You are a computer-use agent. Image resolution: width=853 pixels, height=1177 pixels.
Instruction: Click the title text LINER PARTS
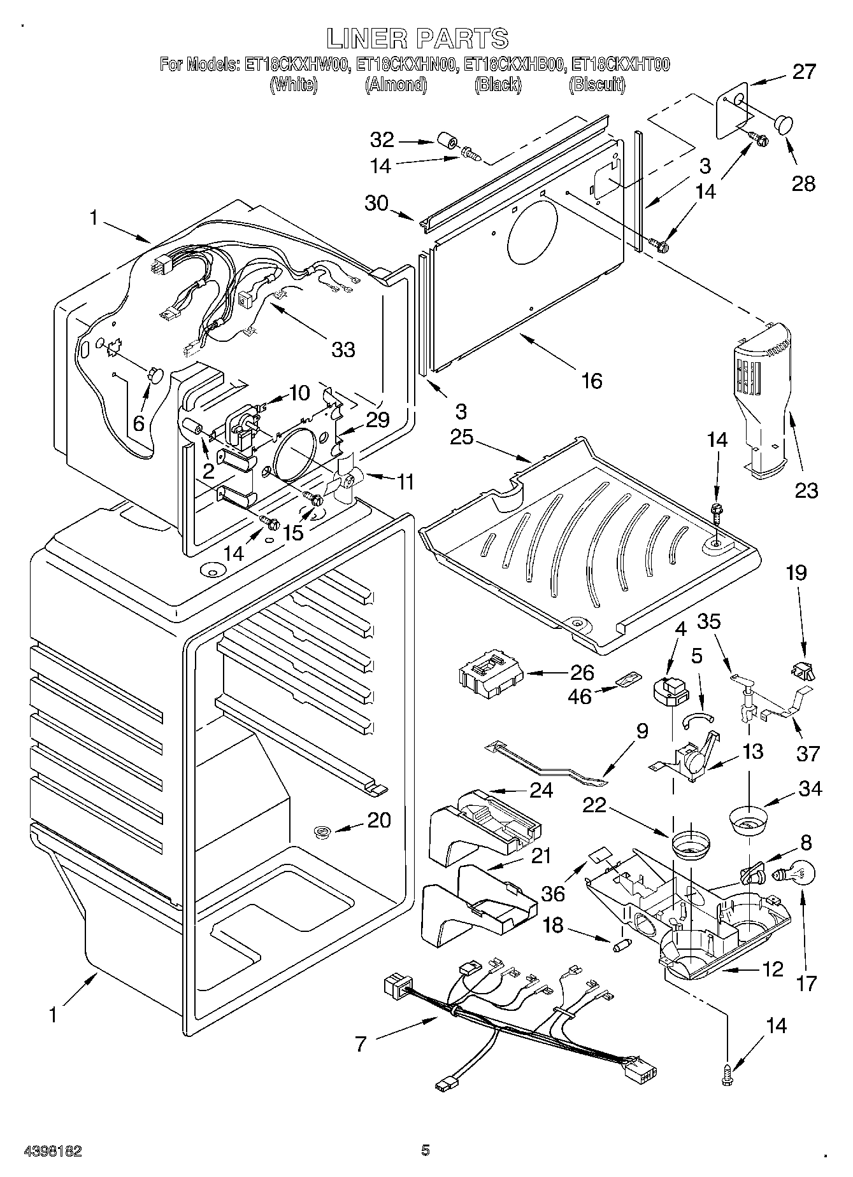click(417, 39)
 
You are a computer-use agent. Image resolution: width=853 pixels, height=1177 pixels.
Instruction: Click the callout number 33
click(343, 349)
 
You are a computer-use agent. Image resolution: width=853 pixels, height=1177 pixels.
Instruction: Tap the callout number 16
click(591, 381)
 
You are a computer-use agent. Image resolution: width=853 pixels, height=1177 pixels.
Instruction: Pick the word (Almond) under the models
click(396, 85)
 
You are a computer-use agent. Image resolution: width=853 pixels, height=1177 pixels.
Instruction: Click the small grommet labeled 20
click(322, 830)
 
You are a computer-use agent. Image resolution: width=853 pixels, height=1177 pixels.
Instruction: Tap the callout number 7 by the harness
click(361, 1043)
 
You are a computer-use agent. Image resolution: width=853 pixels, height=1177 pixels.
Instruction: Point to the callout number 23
click(806, 490)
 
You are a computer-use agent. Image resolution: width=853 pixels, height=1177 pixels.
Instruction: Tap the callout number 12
click(772, 969)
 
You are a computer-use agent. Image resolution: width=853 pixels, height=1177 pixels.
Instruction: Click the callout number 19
click(796, 573)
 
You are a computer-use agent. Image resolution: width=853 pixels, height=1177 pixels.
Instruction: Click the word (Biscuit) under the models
click(596, 85)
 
